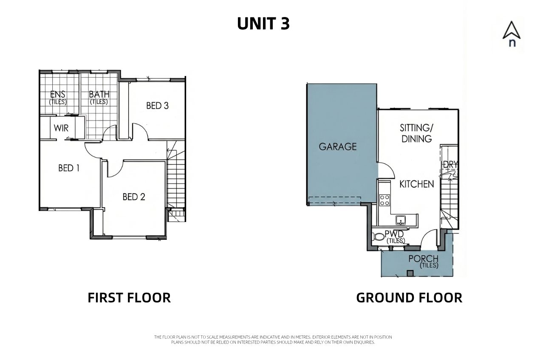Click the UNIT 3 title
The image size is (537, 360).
tap(263, 23)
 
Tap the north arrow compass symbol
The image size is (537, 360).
tap(512, 34)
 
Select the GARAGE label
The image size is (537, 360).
tap(338, 146)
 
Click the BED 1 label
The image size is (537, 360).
tap(69, 168)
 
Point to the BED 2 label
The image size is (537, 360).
tap(134, 197)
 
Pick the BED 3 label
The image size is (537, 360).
tap(158, 106)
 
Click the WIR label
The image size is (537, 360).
tap(61, 128)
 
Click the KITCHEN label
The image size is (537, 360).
tap(417, 184)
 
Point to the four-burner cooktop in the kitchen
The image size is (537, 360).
tap(384, 200)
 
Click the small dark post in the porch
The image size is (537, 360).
tap(410, 273)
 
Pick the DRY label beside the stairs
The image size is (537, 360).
tap(450, 165)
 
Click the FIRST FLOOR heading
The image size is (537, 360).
tap(129, 298)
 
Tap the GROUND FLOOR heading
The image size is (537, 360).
tap(409, 298)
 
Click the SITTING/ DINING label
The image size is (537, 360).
tap(417, 133)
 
